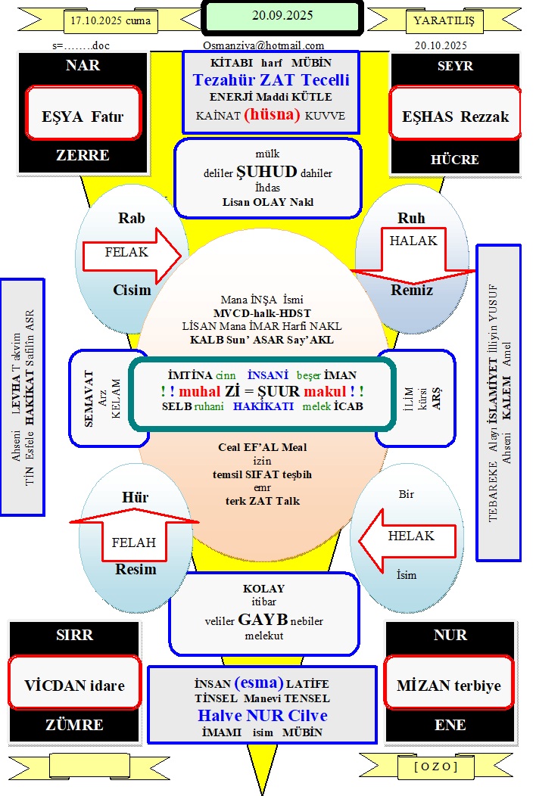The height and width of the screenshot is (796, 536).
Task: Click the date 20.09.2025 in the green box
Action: pos(282,15)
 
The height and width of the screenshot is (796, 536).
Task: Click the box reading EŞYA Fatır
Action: pos(83,117)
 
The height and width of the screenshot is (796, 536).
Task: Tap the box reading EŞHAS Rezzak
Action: pos(455,117)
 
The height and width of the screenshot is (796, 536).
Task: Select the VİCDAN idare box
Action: pos(74,686)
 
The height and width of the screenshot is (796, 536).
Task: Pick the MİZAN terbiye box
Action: pos(448,686)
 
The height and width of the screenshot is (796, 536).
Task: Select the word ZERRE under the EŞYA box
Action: pos(83,155)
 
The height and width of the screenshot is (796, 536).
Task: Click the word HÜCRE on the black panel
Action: pos(455,160)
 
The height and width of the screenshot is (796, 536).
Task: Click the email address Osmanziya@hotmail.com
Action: pos(263,45)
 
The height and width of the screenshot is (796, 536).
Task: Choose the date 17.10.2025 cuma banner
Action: pos(108,20)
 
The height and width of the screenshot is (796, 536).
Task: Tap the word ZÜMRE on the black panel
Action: pos(74,725)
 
